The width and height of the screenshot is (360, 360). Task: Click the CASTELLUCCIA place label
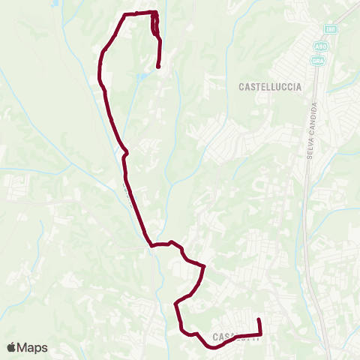coord(270,87)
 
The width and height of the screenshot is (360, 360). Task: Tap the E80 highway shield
coord(331,29)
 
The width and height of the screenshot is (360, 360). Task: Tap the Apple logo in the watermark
coord(13,347)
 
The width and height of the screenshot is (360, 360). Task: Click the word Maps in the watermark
coord(33,347)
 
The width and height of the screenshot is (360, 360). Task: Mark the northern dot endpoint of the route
coord(159,67)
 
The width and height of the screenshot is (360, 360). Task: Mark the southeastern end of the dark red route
coord(259,320)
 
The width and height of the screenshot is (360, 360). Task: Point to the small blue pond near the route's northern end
coord(143,75)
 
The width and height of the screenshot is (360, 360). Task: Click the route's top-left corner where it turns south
coord(124,14)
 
